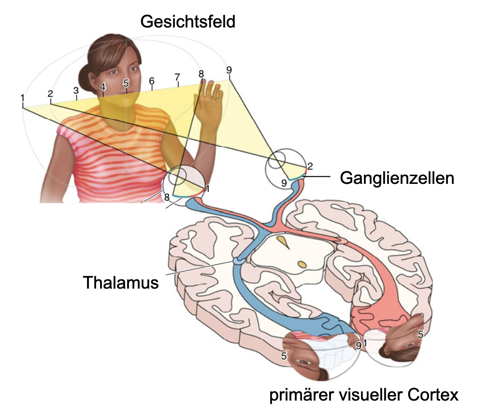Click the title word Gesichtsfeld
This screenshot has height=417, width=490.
pyautogui.click(x=188, y=22)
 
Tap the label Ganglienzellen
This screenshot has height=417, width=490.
pyautogui.click(x=397, y=179)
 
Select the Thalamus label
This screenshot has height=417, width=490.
pyautogui.click(x=121, y=282)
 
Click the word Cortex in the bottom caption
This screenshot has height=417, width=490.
pyautogui.click(x=433, y=395)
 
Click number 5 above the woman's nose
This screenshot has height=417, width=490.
pyautogui.click(x=126, y=83)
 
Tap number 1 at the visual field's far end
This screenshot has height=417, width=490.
pyautogui.click(x=23, y=98)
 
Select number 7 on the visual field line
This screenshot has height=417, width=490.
pyautogui.click(x=177, y=77)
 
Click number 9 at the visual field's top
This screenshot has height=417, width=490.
pyautogui.click(x=229, y=70)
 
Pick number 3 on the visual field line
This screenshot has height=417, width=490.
pyautogui.click(x=76, y=91)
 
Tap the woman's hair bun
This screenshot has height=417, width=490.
pyautogui.click(x=85, y=79)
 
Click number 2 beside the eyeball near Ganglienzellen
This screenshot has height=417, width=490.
pyautogui.click(x=310, y=166)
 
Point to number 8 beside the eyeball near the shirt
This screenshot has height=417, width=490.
pyautogui.click(x=167, y=197)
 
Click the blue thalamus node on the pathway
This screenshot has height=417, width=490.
pyautogui.click(x=237, y=260)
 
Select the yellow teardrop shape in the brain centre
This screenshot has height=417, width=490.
pyautogui.click(x=284, y=242)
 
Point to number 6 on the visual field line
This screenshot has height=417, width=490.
pyautogui.click(x=152, y=81)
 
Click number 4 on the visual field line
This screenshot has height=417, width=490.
pyautogui.click(x=103, y=86)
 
